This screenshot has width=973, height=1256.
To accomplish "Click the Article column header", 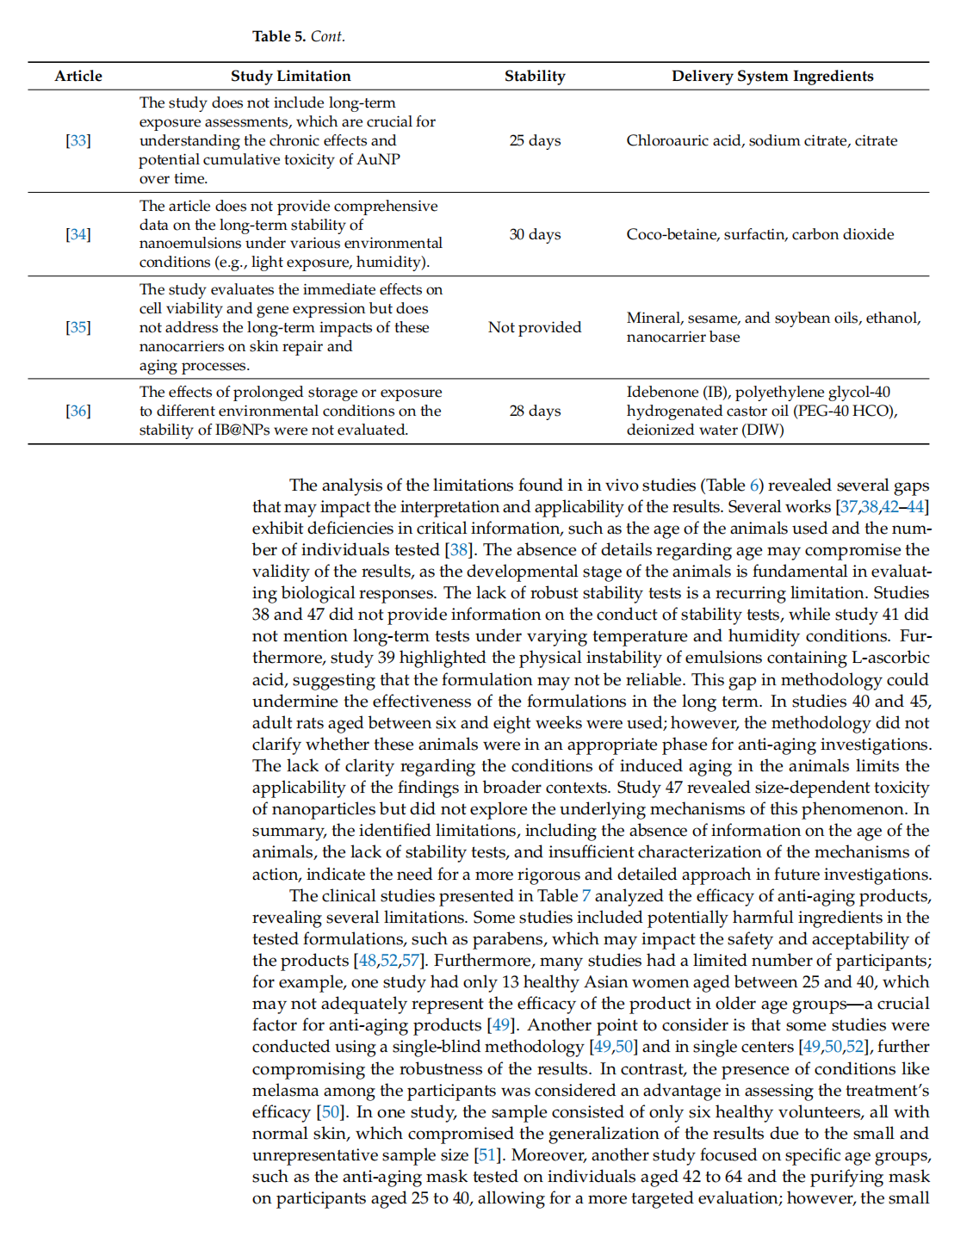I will coord(78,76).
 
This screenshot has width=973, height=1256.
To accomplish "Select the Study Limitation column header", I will coord(290,76).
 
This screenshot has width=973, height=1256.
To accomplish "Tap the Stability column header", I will coord(535,76).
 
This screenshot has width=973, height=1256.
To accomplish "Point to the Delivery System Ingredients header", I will coord(772,76).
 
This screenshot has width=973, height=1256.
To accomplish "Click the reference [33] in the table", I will coord(78,140).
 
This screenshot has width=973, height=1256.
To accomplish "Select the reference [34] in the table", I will coord(78,234).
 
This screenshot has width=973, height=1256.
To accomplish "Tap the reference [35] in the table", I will coord(78,327).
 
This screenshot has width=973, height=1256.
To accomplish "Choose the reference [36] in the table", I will coord(78,411).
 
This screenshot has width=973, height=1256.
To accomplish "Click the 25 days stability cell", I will coord(535,140).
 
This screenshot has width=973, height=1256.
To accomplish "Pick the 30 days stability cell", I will coord(535,234).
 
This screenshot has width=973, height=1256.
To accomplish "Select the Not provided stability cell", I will coord(535,327).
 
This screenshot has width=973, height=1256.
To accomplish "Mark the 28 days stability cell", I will coord(535,411).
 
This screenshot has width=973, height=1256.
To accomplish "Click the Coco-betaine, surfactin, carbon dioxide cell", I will coord(760,234).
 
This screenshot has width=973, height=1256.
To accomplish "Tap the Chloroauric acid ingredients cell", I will coord(762,140).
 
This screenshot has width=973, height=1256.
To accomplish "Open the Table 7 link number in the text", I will coord(586,896).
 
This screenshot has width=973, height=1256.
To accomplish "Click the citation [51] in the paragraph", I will coord(488,1155).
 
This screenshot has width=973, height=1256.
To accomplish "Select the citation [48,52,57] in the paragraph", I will coord(388,961).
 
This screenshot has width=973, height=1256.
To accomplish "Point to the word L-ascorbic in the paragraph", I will coord(890,658).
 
